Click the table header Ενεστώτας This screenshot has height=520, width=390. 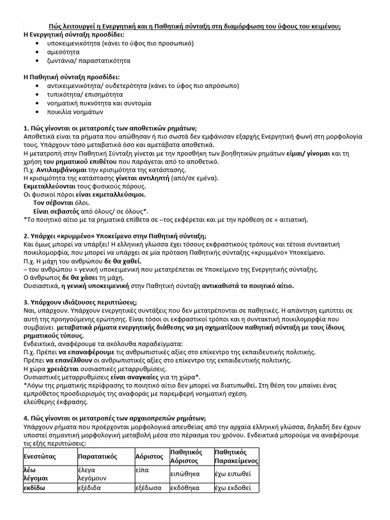39,457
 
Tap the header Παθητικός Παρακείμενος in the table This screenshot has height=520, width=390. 236,457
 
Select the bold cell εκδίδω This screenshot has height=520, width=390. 35,487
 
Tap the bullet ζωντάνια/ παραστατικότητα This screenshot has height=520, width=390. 89,60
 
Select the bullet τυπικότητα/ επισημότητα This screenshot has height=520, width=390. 85,94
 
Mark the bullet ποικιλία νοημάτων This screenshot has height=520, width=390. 76,112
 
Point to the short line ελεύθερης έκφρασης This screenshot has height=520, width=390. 56,402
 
